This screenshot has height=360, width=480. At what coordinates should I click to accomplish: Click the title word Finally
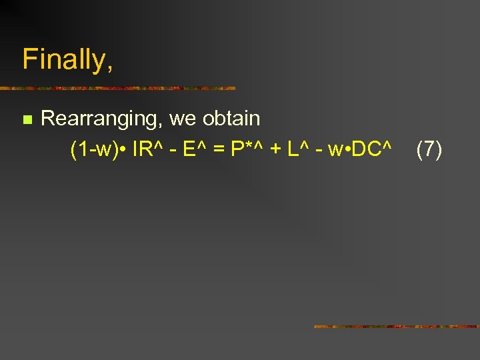67,60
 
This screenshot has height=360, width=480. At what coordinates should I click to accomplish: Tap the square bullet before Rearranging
27,120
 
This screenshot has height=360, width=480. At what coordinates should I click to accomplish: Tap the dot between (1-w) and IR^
125,150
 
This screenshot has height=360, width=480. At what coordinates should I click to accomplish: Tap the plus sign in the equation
274,151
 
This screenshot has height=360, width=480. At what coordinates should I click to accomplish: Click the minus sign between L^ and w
319,151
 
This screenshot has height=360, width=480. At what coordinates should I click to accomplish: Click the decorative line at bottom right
396,327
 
